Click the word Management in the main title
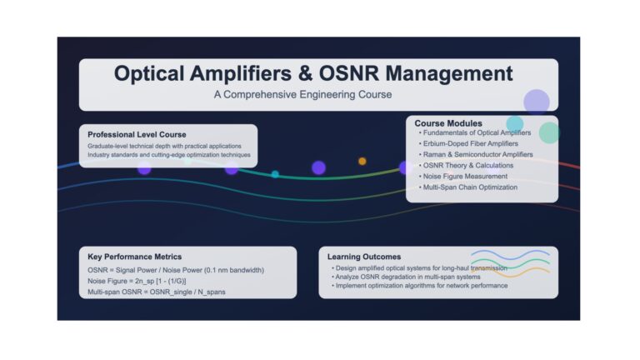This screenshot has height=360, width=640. [x=449, y=74]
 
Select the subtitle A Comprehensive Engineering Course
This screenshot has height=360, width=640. [x=302, y=95]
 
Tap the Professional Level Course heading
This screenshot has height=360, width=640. [x=137, y=135]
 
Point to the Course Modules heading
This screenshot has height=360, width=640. [x=448, y=123]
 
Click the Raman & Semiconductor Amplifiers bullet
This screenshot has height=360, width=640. [x=476, y=155]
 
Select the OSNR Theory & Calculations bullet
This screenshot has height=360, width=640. [x=466, y=166]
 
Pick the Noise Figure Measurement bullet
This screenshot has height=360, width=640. [x=463, y=177]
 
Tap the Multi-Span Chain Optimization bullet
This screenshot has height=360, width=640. [x=468, y=187]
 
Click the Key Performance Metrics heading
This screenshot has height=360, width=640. [x=135, y=257]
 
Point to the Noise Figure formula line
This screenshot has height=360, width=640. [x=137, y=281]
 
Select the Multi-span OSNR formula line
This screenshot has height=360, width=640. [x=157, y=292]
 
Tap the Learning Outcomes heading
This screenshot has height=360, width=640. [x=364, y=257]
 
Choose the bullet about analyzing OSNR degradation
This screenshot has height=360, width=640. [x=406, y=277]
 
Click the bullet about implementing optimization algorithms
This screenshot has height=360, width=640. [x=420, y=286]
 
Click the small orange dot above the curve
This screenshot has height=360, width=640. [x=362, y=161]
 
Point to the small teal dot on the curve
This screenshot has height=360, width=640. [x=276, y=174]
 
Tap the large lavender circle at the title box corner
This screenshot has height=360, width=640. [x=537, y=102]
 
